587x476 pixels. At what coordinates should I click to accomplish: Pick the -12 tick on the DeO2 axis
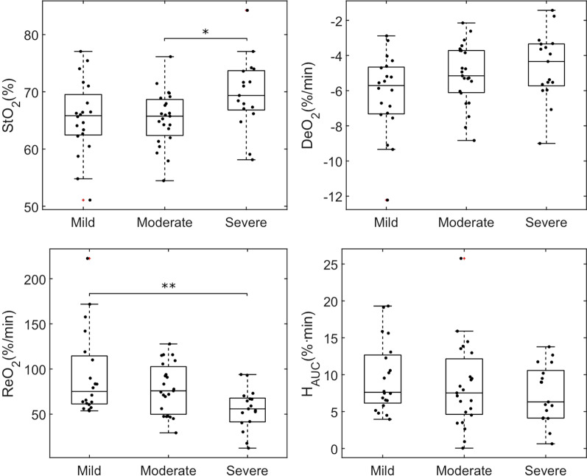pyautogui.click(x=332, y=197)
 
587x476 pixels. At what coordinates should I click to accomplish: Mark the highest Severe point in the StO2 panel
pyautogui.click(x=247, y=10)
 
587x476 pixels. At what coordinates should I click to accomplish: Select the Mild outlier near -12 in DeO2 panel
pyautogui.click(x=387, y=200)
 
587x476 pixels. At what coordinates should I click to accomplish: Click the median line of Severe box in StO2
pyautogui.click(x=247, y=96)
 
